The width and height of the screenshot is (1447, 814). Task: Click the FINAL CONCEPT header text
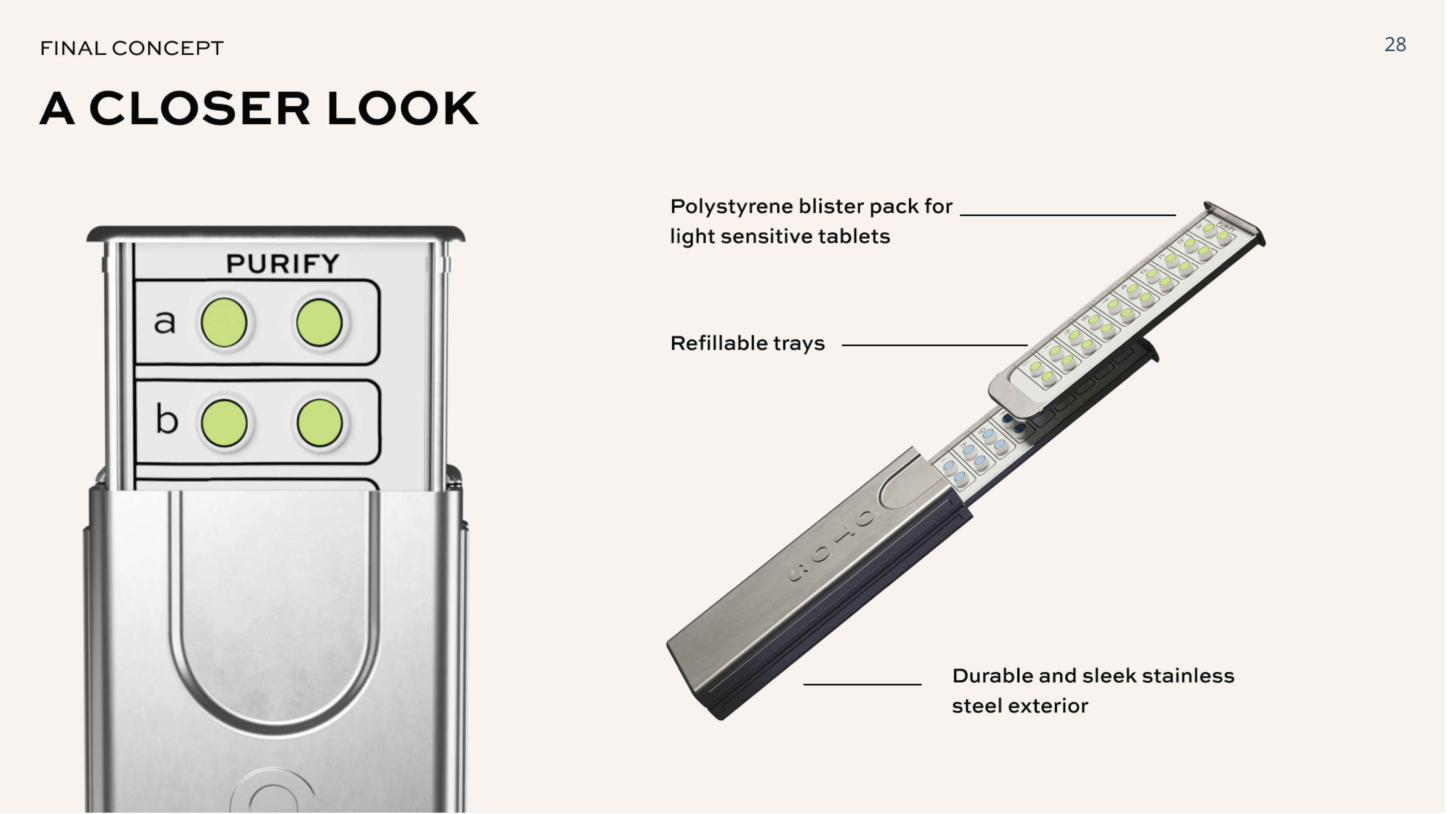pos(132,48)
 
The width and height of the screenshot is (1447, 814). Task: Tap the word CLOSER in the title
pos(199,109)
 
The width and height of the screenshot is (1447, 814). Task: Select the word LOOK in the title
pos(402,109)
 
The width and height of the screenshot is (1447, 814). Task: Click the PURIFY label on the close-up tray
pos(283,263)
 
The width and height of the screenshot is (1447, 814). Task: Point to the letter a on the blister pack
pos(165,322)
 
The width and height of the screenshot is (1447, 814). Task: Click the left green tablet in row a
pos(224,323)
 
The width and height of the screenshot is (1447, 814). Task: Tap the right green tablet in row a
pos(319,323)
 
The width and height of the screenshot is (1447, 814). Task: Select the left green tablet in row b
pos(224,423)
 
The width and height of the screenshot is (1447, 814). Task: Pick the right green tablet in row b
pos(319,423)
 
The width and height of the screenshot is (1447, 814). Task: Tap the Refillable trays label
pos(747,343)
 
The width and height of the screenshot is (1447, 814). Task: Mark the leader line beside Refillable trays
pos(934,345)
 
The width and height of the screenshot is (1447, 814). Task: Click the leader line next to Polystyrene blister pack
pos(1067,214)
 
